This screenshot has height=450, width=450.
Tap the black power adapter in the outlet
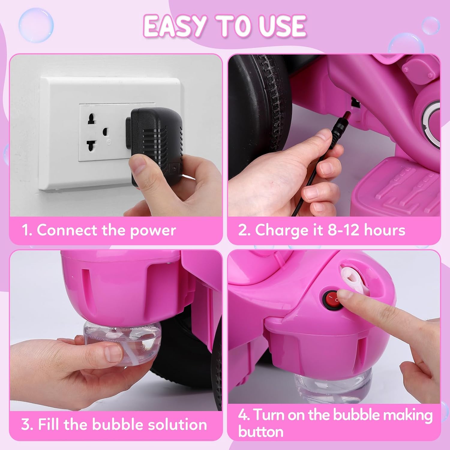[156, 141]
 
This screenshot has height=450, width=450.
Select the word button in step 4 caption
[261, 432]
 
